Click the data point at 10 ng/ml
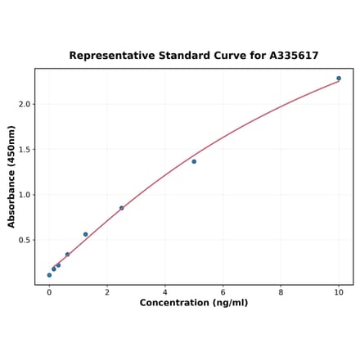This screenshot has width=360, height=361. tap(339, 79)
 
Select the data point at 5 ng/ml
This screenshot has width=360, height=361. tap(194, 161)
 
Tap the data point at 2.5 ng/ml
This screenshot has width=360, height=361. tap(122, 208)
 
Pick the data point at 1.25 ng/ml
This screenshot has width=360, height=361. tap(85, 234)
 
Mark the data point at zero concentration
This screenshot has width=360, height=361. tap(49, 275)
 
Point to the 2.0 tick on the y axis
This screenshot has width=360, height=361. tap(25, 104)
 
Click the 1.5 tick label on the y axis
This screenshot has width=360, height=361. tap(25, 150)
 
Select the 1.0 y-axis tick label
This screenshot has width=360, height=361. tap(25, 195)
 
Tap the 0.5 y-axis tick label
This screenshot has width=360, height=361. tap(25, 241)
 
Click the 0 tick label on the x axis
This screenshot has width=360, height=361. tap(49, 292)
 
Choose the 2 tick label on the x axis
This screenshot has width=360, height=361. tap(107, 292)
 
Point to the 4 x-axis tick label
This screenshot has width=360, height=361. tap(165, 292)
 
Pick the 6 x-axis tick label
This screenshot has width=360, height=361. tap(223, 292)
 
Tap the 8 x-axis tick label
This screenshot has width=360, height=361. tap(281, 292)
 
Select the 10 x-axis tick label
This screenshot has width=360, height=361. tap(339, 292)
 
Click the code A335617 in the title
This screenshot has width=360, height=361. tap(294, 56)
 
